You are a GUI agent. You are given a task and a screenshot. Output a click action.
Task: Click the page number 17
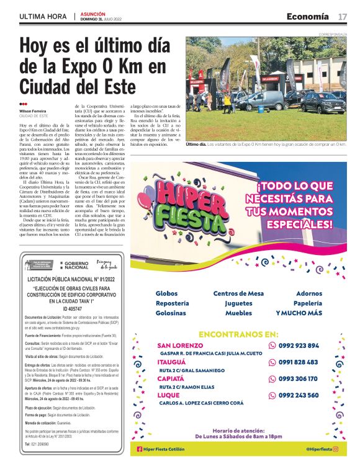click(343, 16)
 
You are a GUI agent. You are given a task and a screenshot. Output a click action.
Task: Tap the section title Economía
click(307, 16)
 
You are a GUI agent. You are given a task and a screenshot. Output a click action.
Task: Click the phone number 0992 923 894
click(299, 346)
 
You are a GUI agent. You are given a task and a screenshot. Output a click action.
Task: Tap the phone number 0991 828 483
click(299, 362)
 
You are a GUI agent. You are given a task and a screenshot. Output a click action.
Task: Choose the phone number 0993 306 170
click(299, 378)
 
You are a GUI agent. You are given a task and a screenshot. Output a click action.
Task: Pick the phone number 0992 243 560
click(299, 395)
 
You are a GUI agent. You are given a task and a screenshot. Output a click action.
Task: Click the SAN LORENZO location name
click(180, 346)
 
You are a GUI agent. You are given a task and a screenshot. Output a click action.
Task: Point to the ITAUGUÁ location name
click(173, 362)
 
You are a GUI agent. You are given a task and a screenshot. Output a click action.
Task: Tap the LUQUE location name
click(169, 395)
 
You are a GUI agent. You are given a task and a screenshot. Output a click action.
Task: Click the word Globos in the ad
click(166, 293)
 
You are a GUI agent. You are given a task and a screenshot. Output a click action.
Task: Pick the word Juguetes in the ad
click(238, 303)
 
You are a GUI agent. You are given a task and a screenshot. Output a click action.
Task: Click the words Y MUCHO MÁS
click(299, 313)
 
